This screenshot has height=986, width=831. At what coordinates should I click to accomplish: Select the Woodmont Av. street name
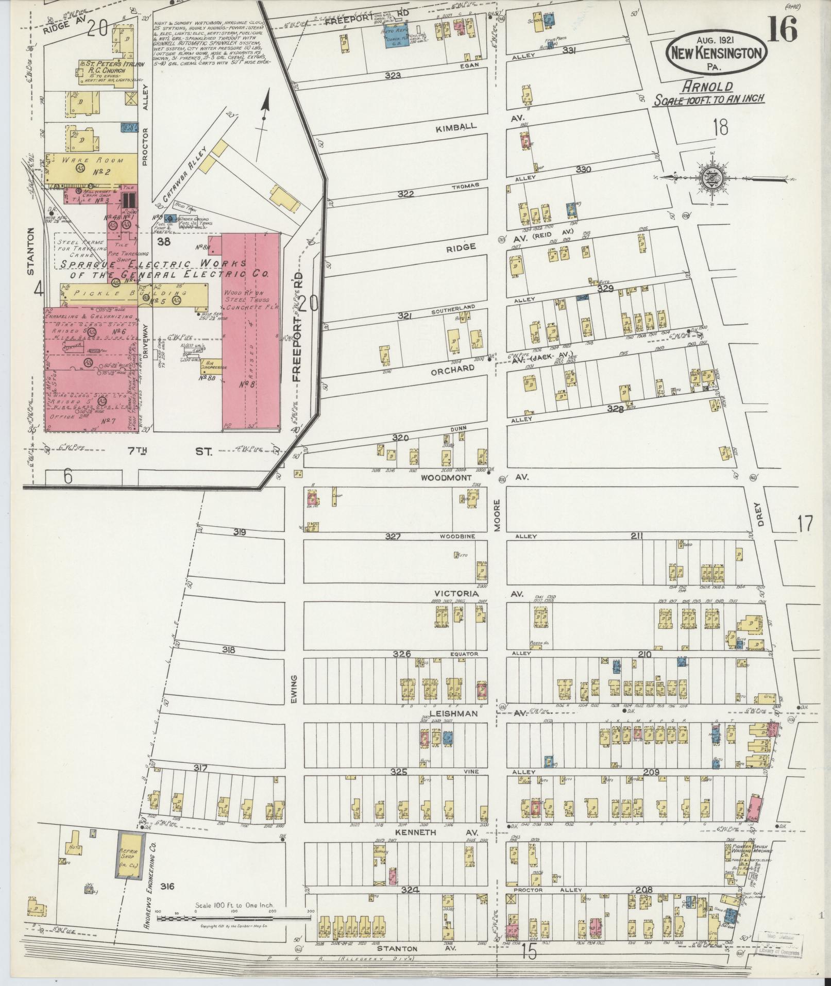pyautogui.click(x=446, y=478)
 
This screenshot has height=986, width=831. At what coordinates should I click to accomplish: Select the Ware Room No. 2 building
pyautogui.click(x=92, y=167)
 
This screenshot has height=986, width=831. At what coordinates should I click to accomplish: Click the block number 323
pyautogui.click(x=393, y=75)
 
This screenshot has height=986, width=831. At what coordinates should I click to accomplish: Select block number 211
pyautogui.click(x=637, y=536)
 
